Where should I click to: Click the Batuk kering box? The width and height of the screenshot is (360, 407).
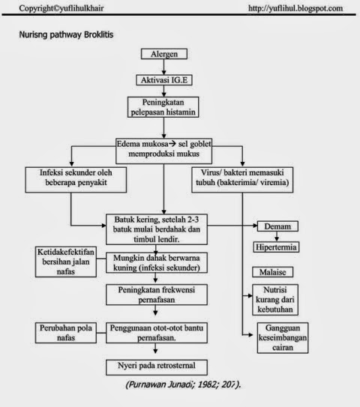pos(155,226)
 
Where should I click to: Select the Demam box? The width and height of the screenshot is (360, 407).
pos(277,226)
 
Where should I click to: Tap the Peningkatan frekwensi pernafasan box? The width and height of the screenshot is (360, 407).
pos(155,295)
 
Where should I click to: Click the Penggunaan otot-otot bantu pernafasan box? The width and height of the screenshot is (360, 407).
pos(155,332)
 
